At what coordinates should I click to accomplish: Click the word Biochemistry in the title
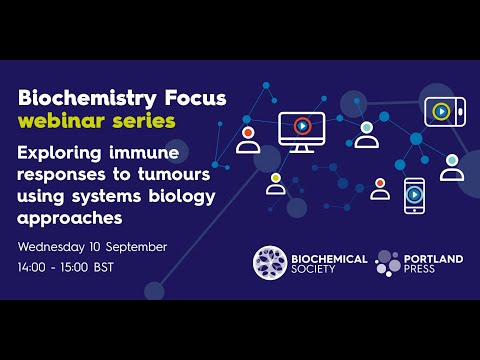(x=79, y=98)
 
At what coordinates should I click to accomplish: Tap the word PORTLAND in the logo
(x=434, y=259)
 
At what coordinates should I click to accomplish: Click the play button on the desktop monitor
(x=301, y=127)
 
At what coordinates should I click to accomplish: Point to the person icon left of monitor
(x=247, y=139)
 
